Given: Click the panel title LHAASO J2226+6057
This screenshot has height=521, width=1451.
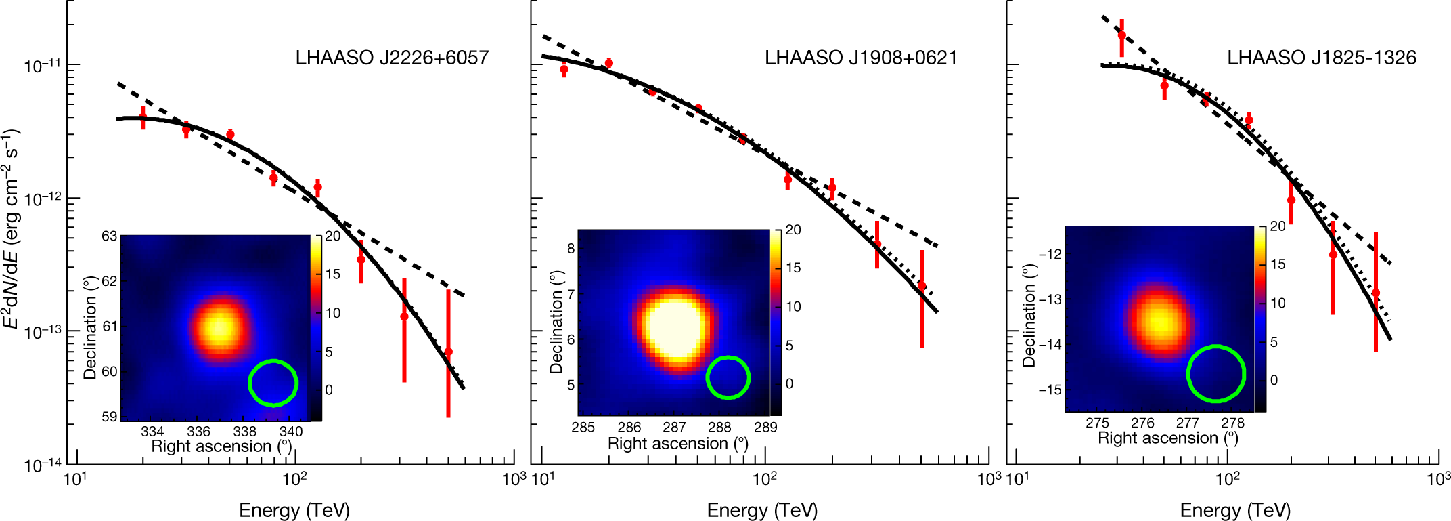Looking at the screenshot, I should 392,58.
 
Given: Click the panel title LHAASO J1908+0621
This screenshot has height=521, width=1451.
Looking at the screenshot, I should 861,58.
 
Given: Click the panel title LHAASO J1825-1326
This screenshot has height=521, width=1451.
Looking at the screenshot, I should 1321,58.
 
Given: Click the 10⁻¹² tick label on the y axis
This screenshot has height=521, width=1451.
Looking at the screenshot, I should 42,199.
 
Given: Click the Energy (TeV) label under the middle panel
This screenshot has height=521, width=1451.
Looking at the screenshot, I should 762,510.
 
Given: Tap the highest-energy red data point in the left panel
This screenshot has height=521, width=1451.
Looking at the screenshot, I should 448,352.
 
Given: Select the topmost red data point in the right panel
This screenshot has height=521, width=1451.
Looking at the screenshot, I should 1121,35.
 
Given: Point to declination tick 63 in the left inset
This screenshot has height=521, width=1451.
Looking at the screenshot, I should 110,236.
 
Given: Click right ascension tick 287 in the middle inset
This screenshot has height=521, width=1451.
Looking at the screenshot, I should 674,428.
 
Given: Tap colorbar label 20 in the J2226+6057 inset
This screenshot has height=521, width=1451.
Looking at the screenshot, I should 332,236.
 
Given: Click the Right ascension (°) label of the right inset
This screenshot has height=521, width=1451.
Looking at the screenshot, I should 1167,438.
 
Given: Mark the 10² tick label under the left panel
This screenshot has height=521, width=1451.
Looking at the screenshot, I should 294,479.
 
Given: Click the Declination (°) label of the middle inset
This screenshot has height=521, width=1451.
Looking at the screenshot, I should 556,322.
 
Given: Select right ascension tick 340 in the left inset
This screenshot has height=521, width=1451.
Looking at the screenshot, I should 291,432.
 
